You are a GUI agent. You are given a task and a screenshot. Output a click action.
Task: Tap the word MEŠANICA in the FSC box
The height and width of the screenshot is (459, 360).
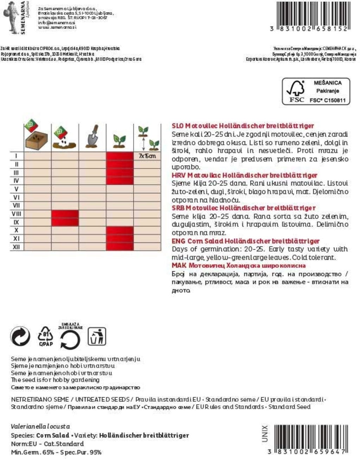(328, 83)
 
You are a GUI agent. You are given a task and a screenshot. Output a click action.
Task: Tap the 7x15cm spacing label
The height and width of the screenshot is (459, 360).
(147, 156)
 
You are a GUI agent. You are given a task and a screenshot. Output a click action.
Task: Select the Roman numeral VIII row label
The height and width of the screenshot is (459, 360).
(17, 214)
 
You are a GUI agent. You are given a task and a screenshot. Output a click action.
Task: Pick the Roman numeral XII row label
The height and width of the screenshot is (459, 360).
(17, 247)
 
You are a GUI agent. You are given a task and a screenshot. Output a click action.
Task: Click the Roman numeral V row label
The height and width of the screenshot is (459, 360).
(17, 189)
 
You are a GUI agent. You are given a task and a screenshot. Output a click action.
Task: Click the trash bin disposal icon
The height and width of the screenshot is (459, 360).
(97, 336)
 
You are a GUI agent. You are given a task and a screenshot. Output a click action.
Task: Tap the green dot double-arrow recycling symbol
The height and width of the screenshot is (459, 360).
(20, 336)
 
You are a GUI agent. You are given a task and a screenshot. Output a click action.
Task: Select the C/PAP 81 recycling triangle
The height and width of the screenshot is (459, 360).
(46, 336)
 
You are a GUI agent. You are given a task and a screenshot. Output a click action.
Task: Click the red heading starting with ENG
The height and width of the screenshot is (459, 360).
(245, 241)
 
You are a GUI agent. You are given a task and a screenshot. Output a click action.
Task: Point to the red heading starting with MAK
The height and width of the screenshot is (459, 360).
(238, 265)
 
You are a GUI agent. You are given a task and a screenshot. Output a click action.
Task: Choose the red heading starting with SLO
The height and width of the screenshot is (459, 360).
(243, 126)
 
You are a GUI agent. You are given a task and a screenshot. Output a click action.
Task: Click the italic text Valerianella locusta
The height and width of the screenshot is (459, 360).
(40, 426)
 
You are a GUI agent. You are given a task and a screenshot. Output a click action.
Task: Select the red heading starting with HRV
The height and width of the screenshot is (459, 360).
(244, 175)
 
